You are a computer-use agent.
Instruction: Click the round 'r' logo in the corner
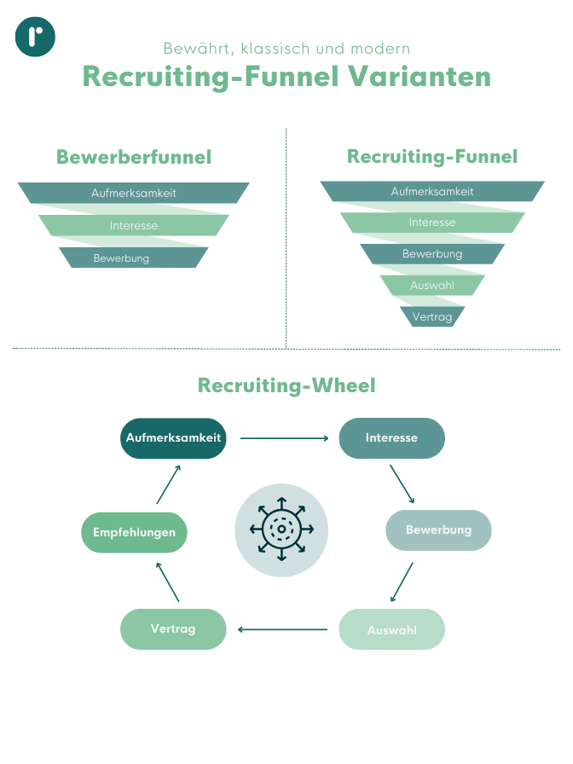35,36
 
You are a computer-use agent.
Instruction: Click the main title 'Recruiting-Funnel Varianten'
286,76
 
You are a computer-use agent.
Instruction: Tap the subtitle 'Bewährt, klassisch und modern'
286,49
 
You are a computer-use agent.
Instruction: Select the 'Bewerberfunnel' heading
134,157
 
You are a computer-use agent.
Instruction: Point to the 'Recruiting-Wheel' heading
286,385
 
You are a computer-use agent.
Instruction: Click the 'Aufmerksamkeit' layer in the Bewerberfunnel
134,194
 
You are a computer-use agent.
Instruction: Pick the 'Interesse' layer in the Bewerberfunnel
134,226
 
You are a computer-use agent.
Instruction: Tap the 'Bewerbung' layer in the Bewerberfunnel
134,258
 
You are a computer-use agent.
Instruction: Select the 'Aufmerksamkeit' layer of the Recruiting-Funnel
432,192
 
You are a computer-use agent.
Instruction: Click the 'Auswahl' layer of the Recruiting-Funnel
432,285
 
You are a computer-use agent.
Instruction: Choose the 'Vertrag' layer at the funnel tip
432,316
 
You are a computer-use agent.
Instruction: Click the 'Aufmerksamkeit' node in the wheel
173,438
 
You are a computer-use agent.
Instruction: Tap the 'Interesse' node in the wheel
391,438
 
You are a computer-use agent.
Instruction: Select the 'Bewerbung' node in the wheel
438,530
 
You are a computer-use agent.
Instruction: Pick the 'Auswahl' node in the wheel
391,630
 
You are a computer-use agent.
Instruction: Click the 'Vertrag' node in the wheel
173,629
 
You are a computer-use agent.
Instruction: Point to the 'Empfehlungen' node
134,533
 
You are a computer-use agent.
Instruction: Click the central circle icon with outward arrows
281,530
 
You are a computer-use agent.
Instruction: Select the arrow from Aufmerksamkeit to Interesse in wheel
284,438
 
